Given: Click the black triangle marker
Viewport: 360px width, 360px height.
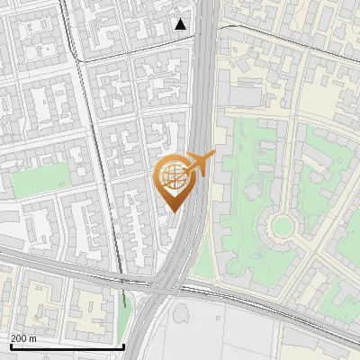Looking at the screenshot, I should coord(182,24).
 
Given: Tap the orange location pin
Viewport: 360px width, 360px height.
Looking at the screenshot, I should coord(177,181).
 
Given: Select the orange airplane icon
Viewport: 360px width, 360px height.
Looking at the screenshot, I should coord(200,163).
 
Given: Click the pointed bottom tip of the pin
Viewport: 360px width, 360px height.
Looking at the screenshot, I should coord(173,212).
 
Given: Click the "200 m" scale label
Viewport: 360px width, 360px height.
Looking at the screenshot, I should coord(24,338).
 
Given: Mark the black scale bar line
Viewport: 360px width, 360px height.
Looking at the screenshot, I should coord(67,346).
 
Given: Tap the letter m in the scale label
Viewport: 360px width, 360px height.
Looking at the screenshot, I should coord(33,338).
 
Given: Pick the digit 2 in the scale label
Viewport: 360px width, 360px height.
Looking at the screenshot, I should coord(14,338).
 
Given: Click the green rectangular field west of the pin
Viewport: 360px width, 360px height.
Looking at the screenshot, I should coord(41,179).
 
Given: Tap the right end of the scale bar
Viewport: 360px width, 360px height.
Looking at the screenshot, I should coord(123,346).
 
